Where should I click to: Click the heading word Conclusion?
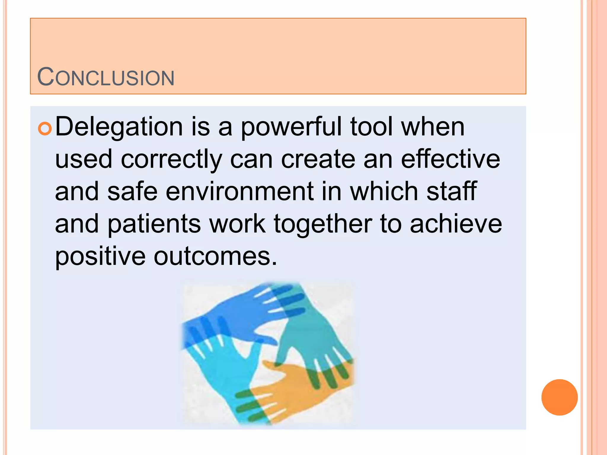[x=106, y=77]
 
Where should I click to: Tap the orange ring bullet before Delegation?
[x=45, y=129]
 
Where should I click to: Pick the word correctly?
[x=171, y=160]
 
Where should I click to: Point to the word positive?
[x=100, y=257]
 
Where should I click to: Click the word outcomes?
[x=215, y=257]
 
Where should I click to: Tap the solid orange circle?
[x=559, y=397]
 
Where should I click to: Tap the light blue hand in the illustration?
[x=219, y=370]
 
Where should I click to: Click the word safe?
[x=132, y=192]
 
